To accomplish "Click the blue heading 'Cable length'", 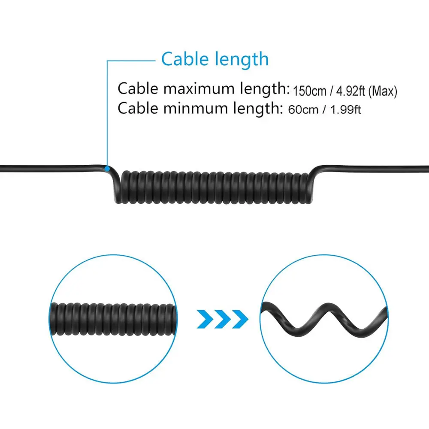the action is coord(215,59).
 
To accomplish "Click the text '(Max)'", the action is coord(383,91).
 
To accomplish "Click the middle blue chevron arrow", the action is coord(223,319).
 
